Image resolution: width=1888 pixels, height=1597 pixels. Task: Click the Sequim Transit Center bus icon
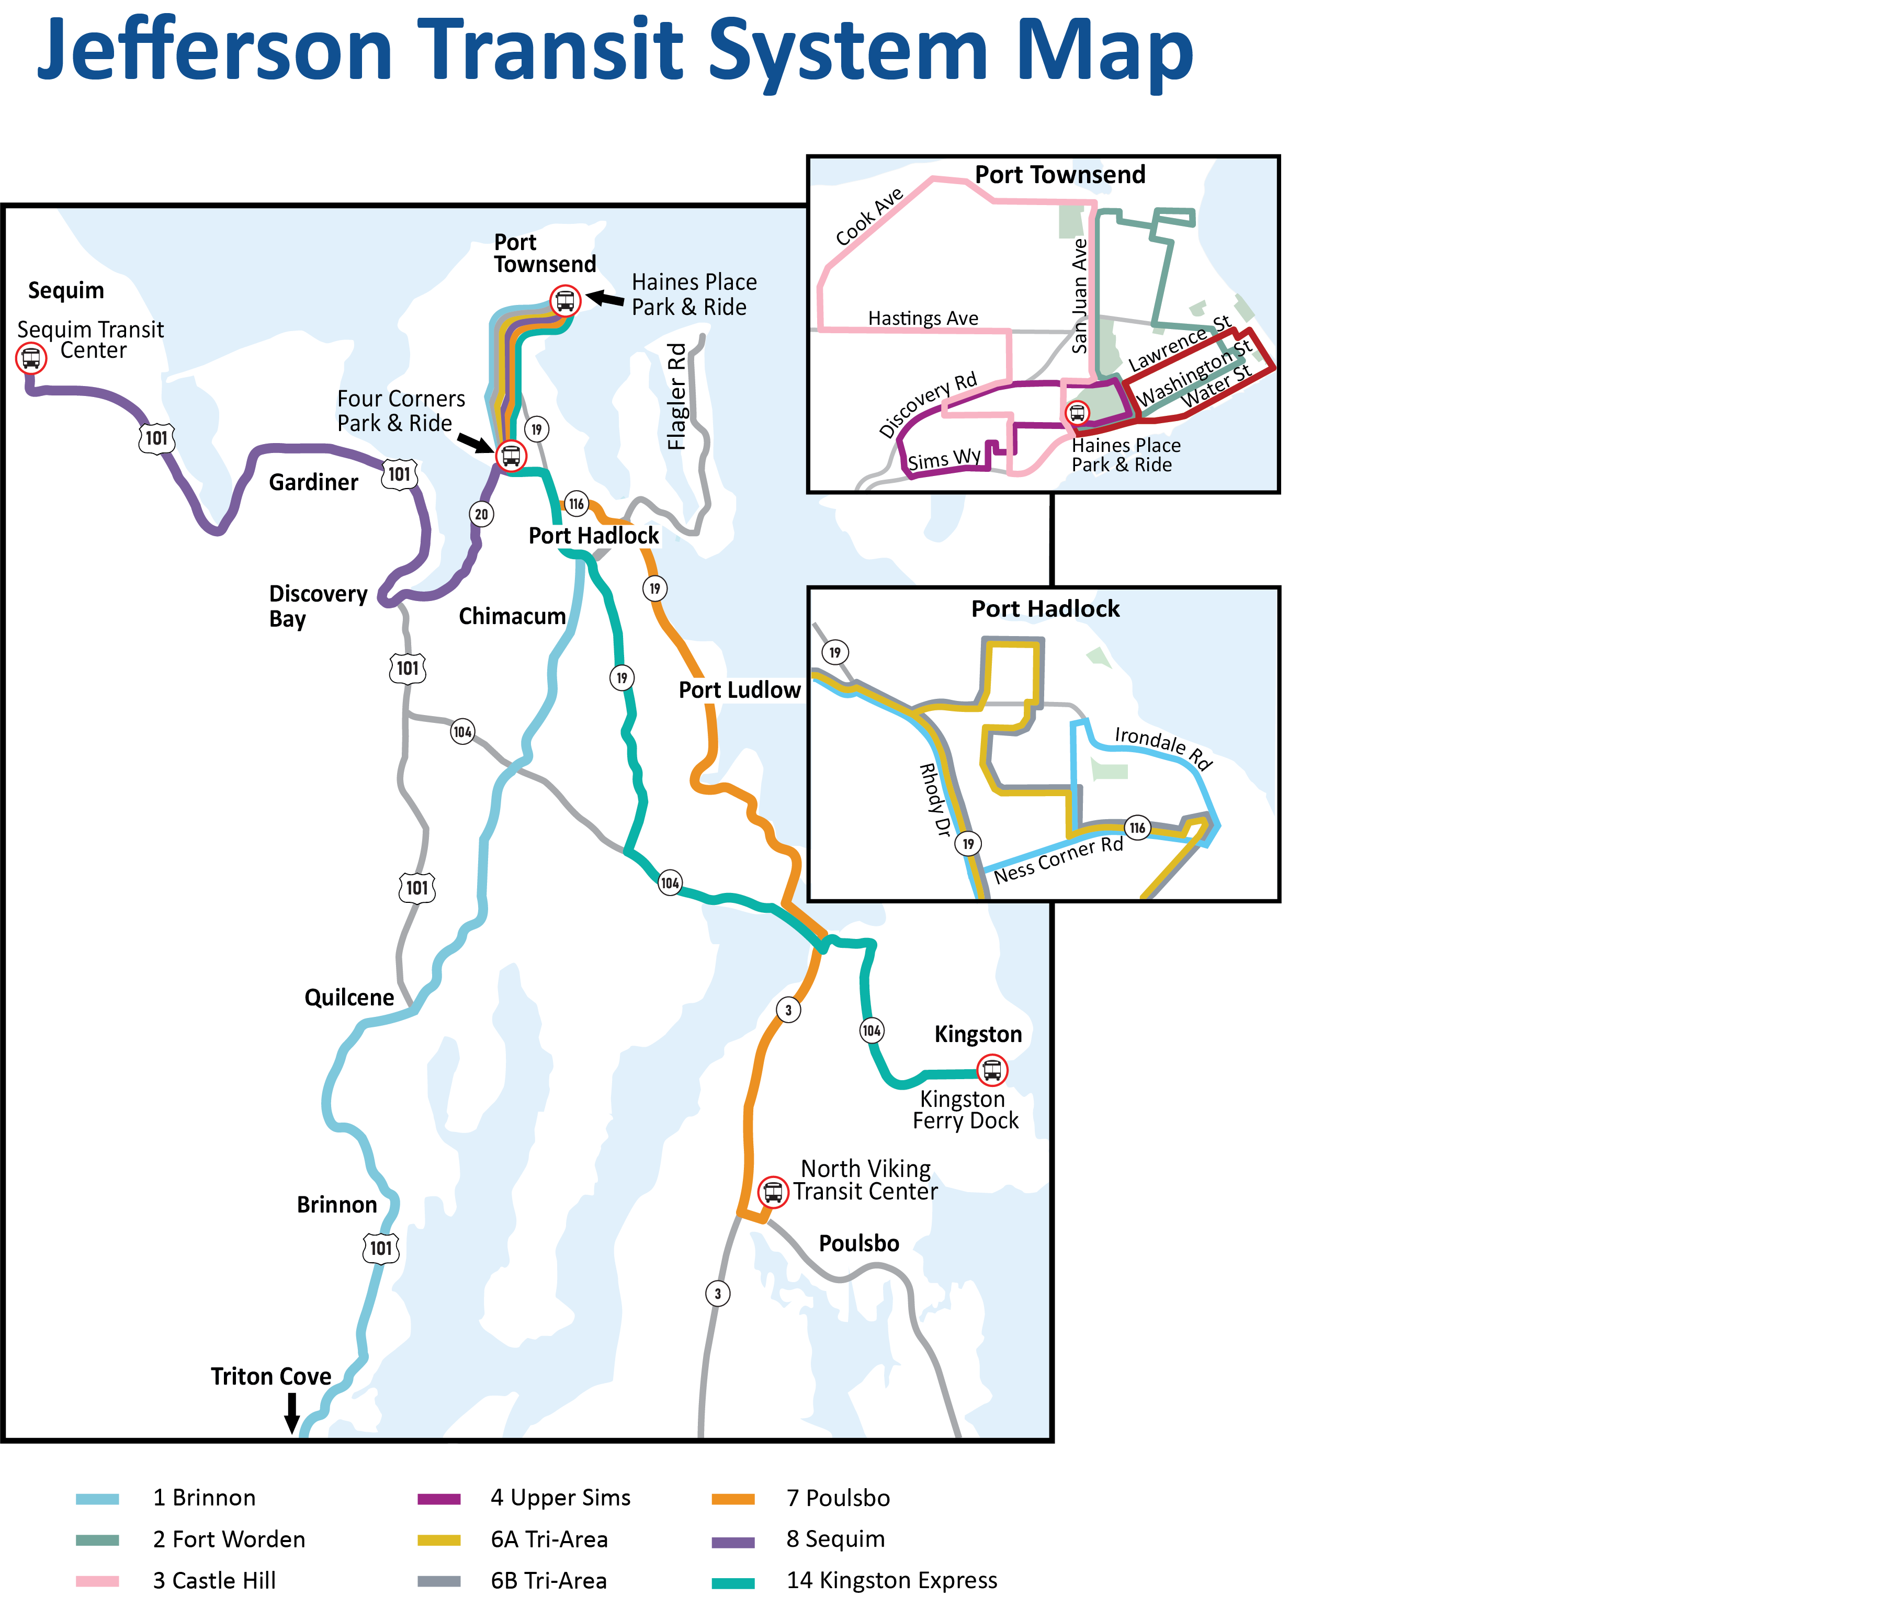31,358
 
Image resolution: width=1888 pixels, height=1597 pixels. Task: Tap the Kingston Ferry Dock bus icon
992,1070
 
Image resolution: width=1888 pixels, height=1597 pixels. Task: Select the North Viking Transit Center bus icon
772,1192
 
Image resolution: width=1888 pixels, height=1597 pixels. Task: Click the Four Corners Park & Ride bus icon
511,456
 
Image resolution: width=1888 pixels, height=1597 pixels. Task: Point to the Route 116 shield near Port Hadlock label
576,503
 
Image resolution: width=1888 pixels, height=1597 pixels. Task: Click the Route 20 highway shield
481,514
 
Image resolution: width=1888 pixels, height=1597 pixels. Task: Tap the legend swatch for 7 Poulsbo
732,1498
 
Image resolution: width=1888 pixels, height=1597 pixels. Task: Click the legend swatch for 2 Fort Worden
97,1539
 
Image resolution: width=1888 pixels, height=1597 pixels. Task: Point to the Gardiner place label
313,482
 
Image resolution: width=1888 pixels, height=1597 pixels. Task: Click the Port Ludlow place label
739,690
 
